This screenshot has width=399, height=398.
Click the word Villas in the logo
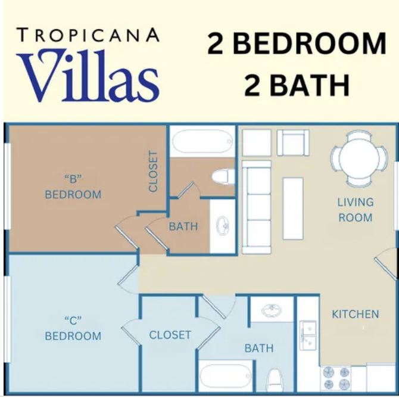(88, 76)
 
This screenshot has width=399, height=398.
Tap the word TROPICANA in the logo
(88, 35)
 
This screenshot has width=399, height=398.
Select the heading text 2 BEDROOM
(297, 44)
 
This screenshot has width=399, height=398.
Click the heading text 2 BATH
(297, 85)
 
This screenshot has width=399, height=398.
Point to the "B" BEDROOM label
(73, 186)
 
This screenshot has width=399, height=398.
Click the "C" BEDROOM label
(73, 328)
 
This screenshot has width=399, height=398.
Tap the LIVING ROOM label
(356, 210)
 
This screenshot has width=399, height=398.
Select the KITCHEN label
(356, 314)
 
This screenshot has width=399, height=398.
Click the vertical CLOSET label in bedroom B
(153, 171)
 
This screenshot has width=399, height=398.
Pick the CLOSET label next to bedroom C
(170, 335)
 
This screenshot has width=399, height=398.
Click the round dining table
(359, 158)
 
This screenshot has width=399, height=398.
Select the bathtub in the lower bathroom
(226, 376)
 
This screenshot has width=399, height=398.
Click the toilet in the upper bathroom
(223, 177)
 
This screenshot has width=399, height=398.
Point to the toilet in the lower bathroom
(274, 380)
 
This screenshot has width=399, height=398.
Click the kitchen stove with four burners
(336, 378)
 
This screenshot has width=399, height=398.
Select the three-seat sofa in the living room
(257, 207)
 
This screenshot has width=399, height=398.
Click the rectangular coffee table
(293, 209)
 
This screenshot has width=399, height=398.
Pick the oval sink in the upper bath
(223, 226)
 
